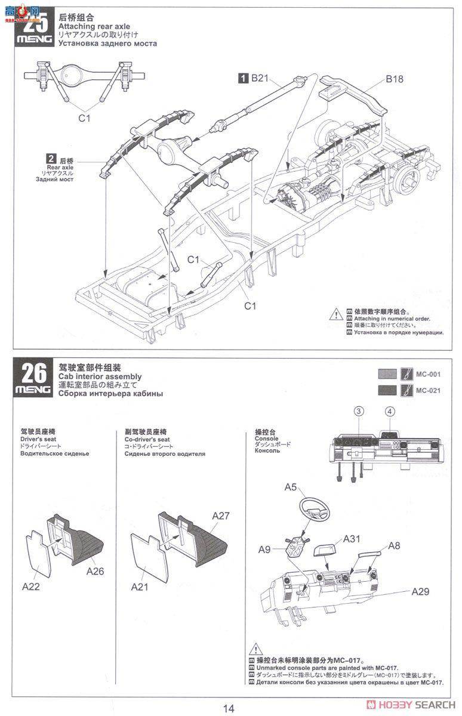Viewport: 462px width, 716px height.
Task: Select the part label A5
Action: tap(291, 487)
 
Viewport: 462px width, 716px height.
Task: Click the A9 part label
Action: tap(266, 549)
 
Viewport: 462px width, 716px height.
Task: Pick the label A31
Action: tap(352, 539)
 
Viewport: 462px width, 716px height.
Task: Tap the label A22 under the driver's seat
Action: tap(31, 587)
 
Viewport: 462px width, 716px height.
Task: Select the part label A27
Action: tap(220, 516)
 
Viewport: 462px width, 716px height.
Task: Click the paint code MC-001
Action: tap(428, 374)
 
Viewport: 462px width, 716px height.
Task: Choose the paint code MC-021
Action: tap(428, 391)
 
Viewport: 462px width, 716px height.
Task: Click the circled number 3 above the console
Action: tap(359, 411)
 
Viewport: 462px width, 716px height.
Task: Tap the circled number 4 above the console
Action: tap(390, 411)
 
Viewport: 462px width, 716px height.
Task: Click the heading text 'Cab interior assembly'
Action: tap(100, 376)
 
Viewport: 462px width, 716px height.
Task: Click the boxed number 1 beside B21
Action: tap(244, 77)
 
